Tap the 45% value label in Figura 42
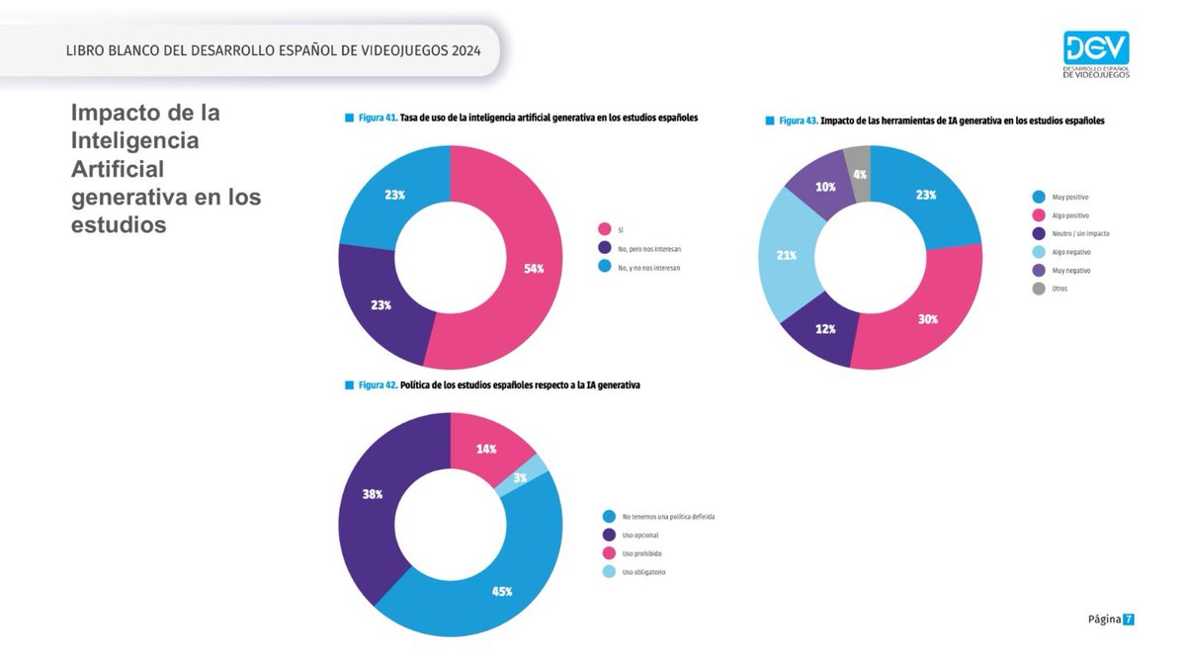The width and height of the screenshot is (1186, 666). coord(501,591)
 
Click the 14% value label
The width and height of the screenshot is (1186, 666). coord(487,448)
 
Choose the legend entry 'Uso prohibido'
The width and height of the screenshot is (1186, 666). coord(643,553)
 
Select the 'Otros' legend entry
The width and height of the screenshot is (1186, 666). coord(1059,289)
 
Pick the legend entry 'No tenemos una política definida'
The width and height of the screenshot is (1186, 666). coord(667,517)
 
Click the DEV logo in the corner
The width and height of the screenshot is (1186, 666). coord(1096,54)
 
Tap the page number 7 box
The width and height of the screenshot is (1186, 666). coord(1128,620)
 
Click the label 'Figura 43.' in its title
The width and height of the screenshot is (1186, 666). coord(798,120)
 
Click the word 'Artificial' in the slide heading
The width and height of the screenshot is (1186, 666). coord(118,169)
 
